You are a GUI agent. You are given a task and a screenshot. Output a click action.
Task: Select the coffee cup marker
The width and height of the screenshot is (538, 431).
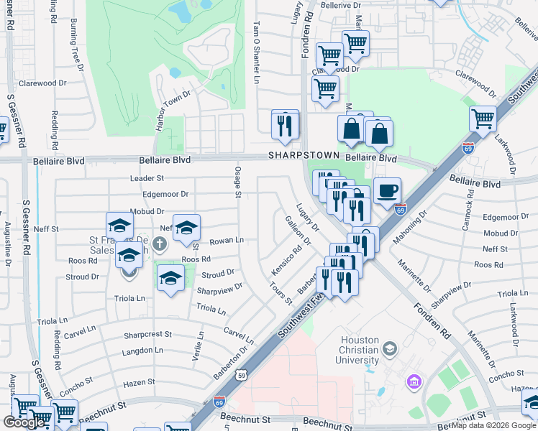pyautogui.click(x=387, y=191)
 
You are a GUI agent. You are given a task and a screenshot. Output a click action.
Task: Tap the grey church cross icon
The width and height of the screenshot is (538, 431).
pyautogui.click(x=159, y=246)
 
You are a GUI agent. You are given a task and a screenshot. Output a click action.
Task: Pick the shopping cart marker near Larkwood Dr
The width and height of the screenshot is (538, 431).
pyautogui.click(x=483, y=119)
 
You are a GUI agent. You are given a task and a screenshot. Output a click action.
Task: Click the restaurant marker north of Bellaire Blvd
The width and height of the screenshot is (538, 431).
pyautogui.click(x=286, y=124)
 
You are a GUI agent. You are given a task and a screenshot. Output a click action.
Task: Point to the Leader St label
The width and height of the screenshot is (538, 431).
pyautogui.click(x=147, y=177)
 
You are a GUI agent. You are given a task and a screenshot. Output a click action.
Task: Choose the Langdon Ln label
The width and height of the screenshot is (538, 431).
pyautogui.click(x=143, y=351)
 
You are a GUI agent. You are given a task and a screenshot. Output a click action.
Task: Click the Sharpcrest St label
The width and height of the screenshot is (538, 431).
pyautogui.click(x=147, y=334)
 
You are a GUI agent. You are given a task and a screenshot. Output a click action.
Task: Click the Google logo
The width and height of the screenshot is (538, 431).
pyautogui.click(x=25, y=422)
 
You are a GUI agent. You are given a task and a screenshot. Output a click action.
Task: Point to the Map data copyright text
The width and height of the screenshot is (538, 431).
pyautogui.click(x=493, y=425)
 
